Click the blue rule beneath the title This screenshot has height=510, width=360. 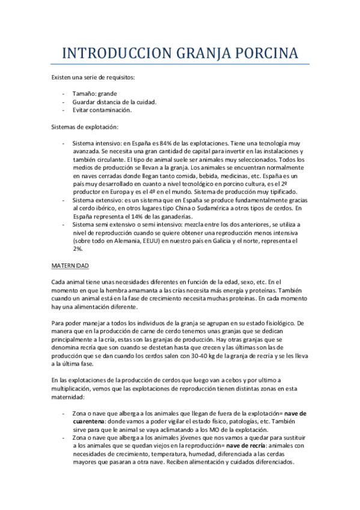(x=180, y=64)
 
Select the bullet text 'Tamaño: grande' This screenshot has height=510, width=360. (x=95, y=94)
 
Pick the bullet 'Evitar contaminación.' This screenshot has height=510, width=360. (x=102, y=110)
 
